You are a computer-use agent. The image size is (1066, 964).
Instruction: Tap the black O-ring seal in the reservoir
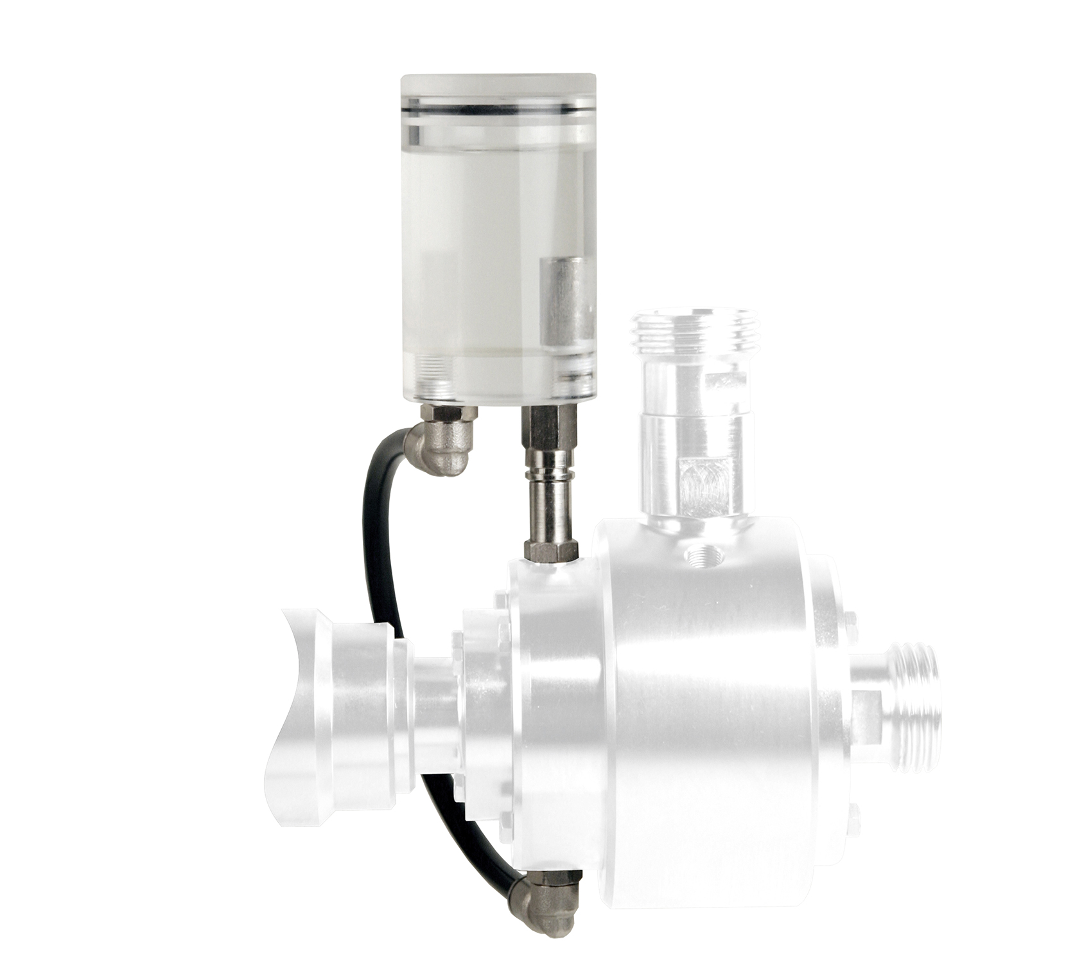point(498,111)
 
